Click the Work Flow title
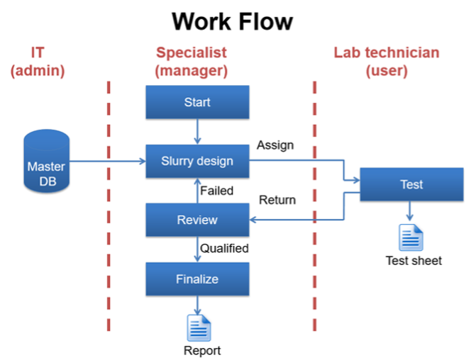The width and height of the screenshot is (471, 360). click(232, 21)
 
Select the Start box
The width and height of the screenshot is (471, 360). click(197, 102)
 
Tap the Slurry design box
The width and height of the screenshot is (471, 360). click(197, 161)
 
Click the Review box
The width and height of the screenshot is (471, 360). click(197, 220)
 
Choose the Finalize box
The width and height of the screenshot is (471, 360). click(197, 279)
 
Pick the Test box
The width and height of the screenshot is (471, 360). click(411, 184)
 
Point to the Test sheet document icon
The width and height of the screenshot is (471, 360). click(411, 237)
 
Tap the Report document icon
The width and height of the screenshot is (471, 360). click(198, 327)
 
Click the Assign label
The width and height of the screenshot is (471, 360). click(275, 145)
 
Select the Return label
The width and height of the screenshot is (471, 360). click(277, 200)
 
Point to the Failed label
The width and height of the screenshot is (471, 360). click(216, 191)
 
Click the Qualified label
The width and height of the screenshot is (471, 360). click(224, 248)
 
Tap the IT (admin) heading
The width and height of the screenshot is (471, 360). click(38, 62)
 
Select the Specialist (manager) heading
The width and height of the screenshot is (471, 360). click(192, 62)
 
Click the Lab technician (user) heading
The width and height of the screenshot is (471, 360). click(387, 62)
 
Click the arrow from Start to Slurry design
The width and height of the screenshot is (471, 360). click(197, 132)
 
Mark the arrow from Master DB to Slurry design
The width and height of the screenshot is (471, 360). click(106, 162)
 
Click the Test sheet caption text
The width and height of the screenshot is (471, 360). click(414, 261)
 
